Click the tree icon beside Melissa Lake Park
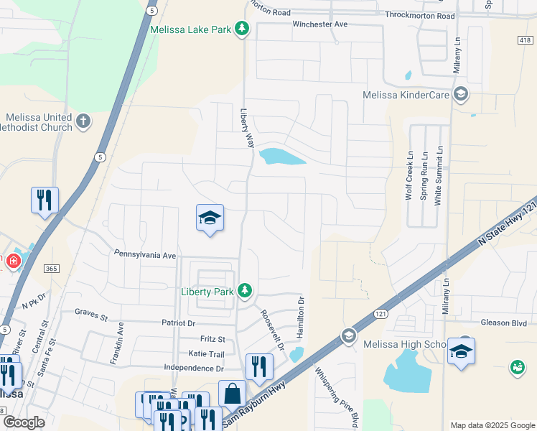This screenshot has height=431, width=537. click(x=243, y=29)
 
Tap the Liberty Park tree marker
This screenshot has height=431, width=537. click(x=246, y=291)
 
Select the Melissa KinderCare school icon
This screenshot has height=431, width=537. click(x=461, y=94)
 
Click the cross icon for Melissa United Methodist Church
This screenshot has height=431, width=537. click(x=84, y=121)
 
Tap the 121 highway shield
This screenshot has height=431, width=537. click(x=380, y=314)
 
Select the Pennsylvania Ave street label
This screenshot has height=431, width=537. click(x=145, y=255)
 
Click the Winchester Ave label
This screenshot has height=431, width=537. click(x=319, y=24)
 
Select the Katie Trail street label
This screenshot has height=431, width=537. click(x=207, y=354)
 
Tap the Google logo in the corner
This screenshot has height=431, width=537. click(x=24, y=422)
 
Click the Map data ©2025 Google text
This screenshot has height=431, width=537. click(x=492, y=425)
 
